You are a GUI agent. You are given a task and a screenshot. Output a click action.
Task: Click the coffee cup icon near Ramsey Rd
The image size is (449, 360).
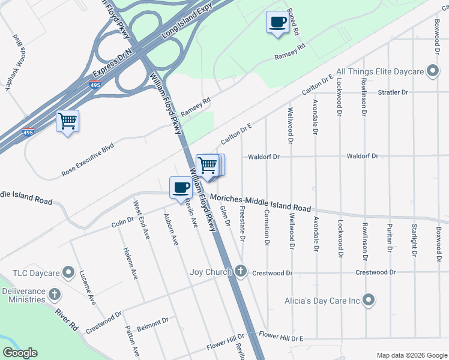pyautogui.click(x=277, y=23)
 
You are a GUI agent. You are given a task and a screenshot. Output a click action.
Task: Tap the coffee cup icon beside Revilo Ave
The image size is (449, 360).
pyautogui.click(x=181, y=188)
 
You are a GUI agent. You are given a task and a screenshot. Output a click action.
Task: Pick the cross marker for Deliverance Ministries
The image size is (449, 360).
pyautogui.click(x=55, y=295)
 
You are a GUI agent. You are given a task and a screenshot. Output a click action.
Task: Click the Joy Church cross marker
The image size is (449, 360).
pyautogui.click(x=240, y=271)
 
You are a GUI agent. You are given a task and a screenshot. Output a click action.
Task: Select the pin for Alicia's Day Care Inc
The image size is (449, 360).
pyautogui.click(x=369, y=299)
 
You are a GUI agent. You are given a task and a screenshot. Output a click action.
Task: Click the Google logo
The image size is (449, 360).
pyautogui.click(x=20, y=353)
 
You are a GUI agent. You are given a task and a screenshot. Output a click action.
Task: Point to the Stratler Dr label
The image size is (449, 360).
pyautogui.click(x=393, y=92)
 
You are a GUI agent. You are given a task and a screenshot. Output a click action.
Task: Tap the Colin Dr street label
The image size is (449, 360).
pyautogui.click(x=122, y=223)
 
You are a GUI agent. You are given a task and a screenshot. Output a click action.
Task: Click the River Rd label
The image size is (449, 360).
pyautogui.click(x=67, y=318)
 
